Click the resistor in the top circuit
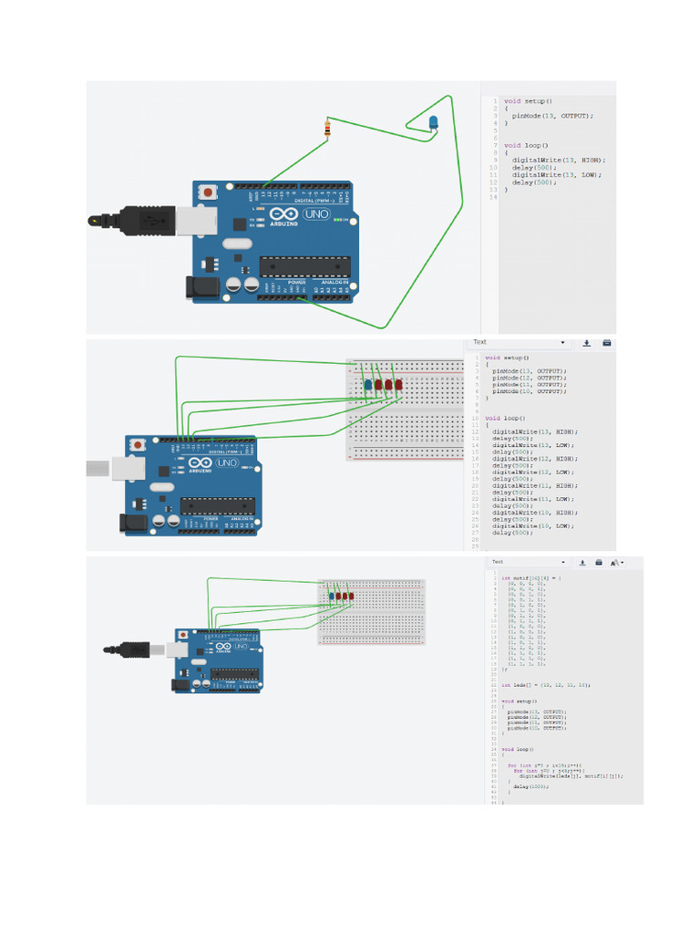click(x=326, y=129)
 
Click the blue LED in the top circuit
click(x=432, y=123)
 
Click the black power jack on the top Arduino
click(x=197, y=288)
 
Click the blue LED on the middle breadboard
click(x=368, y=385)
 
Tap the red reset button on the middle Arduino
click(x=138, y=444)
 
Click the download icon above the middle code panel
click(x=586, y=343)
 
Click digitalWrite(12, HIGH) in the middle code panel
click(x=535, y=459)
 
